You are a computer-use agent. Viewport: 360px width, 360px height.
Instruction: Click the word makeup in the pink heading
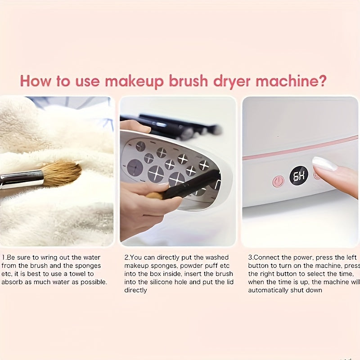[x=135, y=81]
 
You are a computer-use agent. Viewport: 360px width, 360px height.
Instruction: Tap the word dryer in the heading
[x=231, y=81]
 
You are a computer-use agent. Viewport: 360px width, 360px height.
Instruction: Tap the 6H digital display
[x=299, y=175]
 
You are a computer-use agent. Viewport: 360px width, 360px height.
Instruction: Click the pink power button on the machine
[x=278, y=181]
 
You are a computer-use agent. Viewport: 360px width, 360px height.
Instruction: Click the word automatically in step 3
[x=268, y=290]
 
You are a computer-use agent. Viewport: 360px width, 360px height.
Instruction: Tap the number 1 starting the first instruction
[x=3, y=257]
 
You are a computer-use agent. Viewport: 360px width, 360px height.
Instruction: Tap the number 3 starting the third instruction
[x=250, y=257]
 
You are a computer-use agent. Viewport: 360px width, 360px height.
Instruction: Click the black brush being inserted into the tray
[x=189, y=185]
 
